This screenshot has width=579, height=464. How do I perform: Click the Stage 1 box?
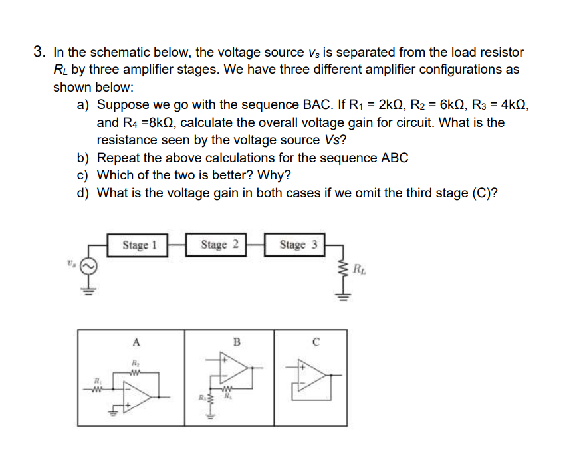pos(139,245)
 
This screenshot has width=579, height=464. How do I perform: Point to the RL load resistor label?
pos(360,269)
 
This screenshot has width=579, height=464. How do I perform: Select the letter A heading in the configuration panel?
pos(136,343)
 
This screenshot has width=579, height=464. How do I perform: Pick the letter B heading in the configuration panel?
pos(236,343)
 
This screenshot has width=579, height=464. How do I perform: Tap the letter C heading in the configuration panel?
pos(316,343)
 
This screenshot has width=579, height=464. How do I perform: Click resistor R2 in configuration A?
pos(136,373)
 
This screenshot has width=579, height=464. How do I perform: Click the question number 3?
pos(40,52)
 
